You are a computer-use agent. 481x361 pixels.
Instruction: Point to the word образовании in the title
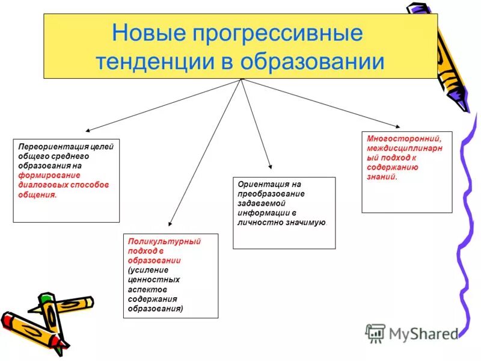click(x=313, y=61)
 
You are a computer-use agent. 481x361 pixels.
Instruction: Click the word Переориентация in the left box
click(x=53, y=146)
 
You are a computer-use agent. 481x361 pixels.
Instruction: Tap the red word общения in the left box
click(x=37, y=195)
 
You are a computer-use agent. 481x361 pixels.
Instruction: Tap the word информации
click(x=262, y=213)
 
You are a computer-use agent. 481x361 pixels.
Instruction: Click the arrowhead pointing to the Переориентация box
click(x=88, y=129)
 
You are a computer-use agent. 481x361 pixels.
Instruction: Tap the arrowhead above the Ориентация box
click(x=270, y=167)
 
